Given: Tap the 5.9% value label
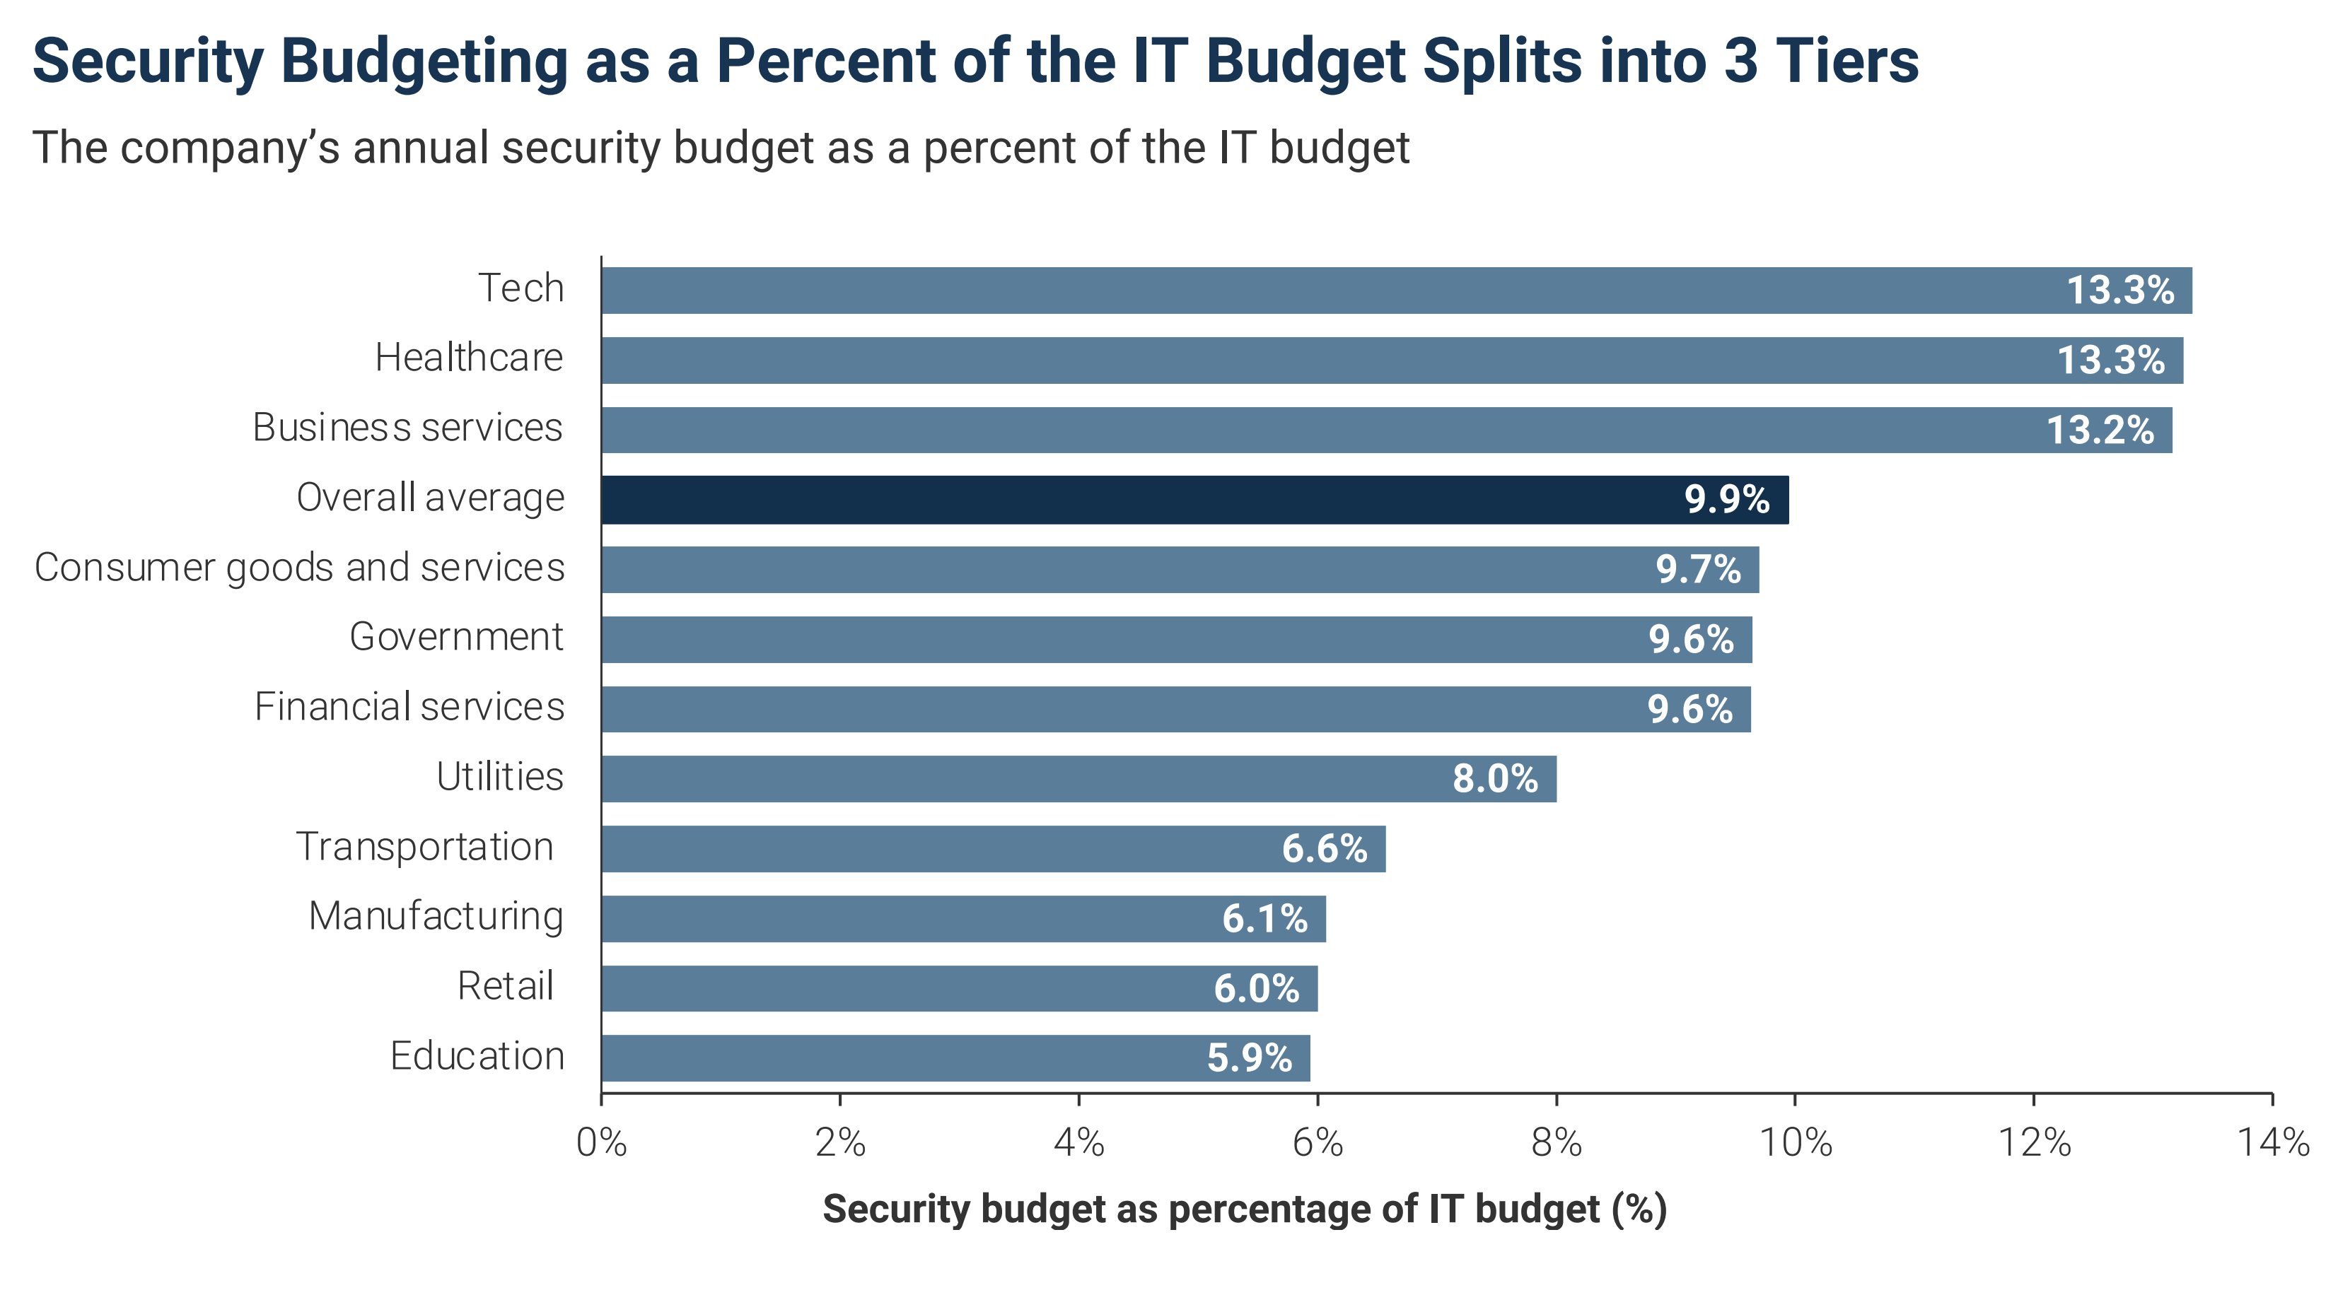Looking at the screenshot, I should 1249,1058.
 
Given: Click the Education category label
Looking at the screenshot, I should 477,1056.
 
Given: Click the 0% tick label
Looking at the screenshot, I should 602,1142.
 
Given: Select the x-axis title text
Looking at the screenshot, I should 1245,1209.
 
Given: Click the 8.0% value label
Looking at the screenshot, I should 1495,779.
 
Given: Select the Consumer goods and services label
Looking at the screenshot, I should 300,568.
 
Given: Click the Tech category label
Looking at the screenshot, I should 521,288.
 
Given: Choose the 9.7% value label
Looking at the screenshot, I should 1698,570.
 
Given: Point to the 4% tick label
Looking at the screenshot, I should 1079,1142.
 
